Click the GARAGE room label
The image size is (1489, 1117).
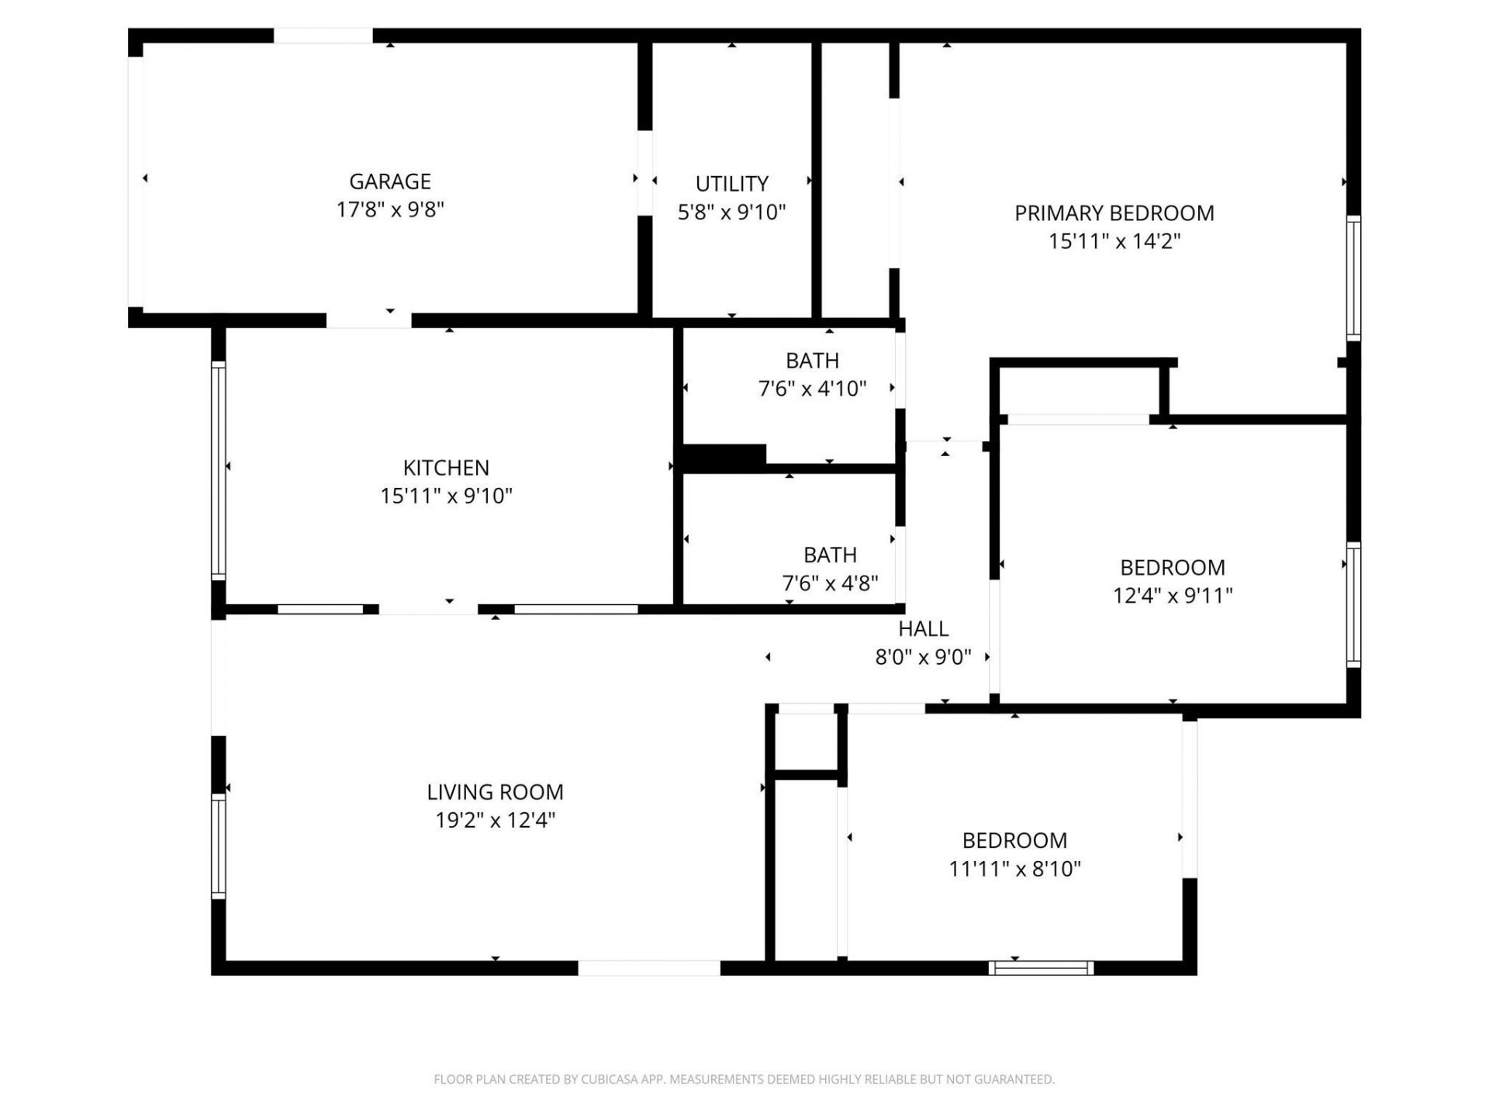389,182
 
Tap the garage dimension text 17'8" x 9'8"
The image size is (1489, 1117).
389,209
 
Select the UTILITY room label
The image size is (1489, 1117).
731,184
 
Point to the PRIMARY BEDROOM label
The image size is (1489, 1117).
1114,213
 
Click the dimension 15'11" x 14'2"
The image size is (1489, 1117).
1114,241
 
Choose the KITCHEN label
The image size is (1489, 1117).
446,468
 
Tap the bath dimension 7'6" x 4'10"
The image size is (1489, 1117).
812,389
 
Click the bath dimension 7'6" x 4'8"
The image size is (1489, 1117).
830,583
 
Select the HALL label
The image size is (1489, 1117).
923,628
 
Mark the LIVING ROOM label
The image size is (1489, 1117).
495,792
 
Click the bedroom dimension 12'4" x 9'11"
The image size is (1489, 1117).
1173,596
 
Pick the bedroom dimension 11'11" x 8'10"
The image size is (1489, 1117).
1014,869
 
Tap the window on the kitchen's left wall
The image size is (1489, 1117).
219,470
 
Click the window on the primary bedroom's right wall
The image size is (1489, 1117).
1353,278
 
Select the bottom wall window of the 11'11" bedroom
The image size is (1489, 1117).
1041,967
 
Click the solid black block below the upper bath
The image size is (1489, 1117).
723,456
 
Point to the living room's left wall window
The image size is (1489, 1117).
219,846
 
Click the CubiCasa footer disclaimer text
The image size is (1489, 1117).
744,1079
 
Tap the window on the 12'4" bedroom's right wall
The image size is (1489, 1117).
1353,605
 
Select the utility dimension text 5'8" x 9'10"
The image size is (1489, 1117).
731,213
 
